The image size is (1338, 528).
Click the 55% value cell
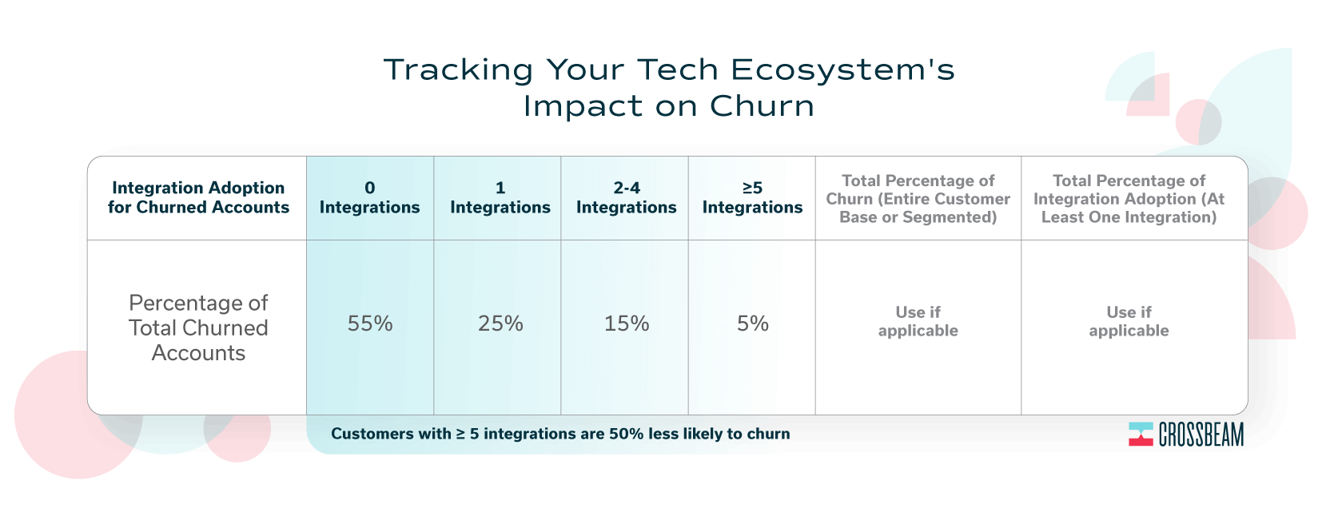coord(370,324)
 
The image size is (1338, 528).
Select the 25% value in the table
coord(500,324)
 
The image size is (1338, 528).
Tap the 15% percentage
coord(626,324)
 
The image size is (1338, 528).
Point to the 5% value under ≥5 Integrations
coord(752,324)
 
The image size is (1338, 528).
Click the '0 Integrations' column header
coord(370,198)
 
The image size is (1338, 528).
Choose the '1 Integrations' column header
coord(500,198)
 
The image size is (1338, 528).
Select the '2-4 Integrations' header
coord(626,198)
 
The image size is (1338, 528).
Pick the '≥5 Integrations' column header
coord(752,198)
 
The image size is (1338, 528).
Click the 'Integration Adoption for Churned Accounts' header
coord(198,198)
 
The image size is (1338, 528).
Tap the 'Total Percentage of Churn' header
coord(918,199)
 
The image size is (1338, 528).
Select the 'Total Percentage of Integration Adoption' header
coord(1129,199)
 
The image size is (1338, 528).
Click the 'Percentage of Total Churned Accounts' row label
coord(198,328)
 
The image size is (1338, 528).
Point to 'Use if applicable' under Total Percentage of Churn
coord(918,321)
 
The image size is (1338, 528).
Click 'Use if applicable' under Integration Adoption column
coord(1129,321)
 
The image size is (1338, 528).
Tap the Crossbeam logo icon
coord(1141,435)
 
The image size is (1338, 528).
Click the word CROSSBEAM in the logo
coord(1201,435)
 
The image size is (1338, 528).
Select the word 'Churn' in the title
coord(762,106)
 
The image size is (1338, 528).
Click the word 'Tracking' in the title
coord(458,70)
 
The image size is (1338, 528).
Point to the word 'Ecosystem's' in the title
coord(842,69)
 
